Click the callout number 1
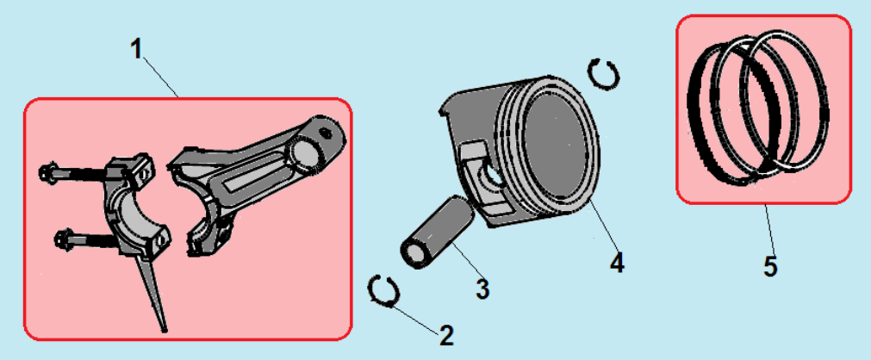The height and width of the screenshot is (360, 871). (x=137, y=49)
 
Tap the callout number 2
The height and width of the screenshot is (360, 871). (x=446, y=336)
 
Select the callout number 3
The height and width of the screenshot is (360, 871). (x=482, y=289)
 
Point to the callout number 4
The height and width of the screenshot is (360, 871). (x=617, y=262)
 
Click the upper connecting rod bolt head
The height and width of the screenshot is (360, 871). (x=47, y=173)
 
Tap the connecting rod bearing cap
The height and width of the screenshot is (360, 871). (x=137, y=207)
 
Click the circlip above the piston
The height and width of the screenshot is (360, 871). (x=604, y=73)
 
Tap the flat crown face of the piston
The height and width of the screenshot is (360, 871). (x=559, y=146)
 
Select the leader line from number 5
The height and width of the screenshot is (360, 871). (x=768, y=229)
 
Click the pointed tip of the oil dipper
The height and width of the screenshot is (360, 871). (x=165, y=331)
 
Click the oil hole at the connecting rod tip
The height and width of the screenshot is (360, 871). (x=326, y=133)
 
